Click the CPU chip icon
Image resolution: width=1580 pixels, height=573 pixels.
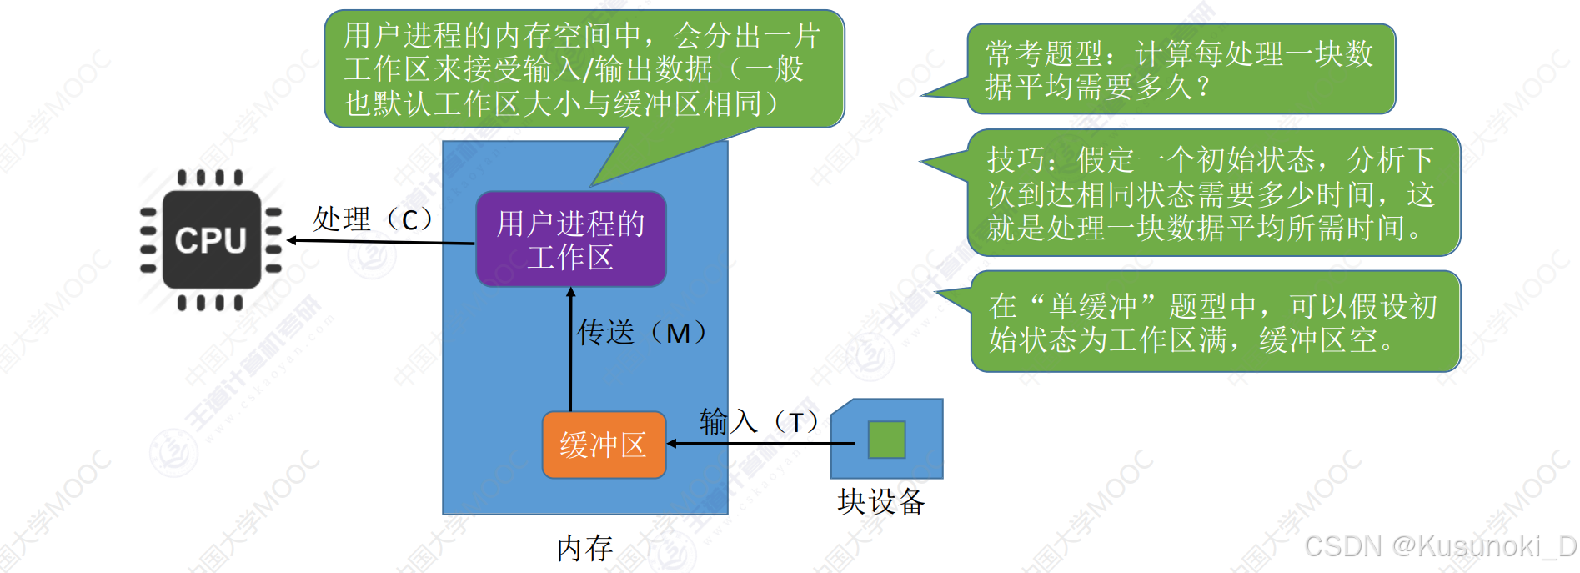point(211,240)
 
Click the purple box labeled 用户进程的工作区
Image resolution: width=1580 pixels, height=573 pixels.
point(570,240)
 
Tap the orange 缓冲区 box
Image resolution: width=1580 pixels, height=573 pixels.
point(604,445)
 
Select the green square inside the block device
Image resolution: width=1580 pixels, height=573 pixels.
point(886,440)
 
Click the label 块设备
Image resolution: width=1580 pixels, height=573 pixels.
point(881,502)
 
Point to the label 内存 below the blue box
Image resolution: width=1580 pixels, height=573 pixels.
point(584,549)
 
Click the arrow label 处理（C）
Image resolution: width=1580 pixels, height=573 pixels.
point(373,219)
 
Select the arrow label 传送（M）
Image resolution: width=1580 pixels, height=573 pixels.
point(642,333)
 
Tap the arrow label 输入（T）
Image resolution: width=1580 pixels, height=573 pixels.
point(760,422)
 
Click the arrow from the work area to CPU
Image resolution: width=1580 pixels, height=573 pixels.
point(379,242)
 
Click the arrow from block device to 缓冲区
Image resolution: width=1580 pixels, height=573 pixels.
point(759,444)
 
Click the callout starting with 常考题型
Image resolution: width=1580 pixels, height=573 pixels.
point(1180,69)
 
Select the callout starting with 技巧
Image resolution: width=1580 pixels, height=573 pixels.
point(1213,193)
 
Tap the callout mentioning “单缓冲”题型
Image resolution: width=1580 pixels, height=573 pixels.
point(1215,322)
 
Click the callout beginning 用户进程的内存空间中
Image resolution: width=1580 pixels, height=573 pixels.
point(584,69)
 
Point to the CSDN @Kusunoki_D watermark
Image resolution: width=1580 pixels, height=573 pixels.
point(1440,546)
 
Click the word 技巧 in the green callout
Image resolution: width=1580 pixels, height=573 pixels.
point(1016,159)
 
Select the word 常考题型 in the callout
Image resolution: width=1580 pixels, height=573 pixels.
point(1044,54)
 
